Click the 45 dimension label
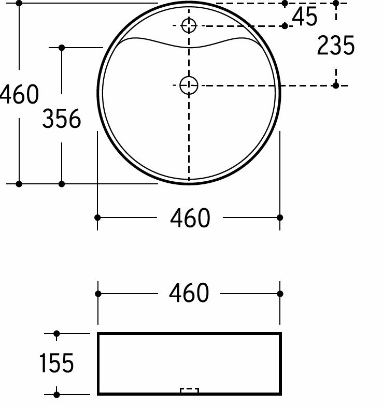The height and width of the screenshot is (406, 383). point(304,18)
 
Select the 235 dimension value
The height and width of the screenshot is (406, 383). point(335,46)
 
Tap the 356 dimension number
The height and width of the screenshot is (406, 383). point(62,120)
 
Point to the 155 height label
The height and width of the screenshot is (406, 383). point(56,364)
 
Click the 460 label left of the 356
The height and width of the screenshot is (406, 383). point(19,95)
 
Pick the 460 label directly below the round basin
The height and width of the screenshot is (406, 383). point(190,218)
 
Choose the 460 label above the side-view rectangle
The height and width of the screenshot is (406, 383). point(189,294)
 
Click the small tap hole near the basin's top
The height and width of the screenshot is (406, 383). point(189,25)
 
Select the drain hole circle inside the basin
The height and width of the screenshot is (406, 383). point(189,85)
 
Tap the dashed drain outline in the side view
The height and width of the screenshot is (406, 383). point(189,390)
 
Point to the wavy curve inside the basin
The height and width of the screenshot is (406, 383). point(189,46)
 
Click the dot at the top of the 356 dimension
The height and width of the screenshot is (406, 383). point(62,48)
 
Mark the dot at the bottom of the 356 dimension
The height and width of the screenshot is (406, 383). point(62,184)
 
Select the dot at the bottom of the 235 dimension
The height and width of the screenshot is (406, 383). point(336,85)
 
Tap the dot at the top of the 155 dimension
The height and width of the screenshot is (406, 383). point(56,334)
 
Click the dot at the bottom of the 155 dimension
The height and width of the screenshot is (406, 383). point(56,395)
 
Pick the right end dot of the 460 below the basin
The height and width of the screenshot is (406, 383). point(280,218)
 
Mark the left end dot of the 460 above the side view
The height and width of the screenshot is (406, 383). point(98,294)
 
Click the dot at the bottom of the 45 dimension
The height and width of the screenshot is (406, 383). point(285,25)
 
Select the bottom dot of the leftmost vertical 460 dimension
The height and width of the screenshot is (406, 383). point(19,184)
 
